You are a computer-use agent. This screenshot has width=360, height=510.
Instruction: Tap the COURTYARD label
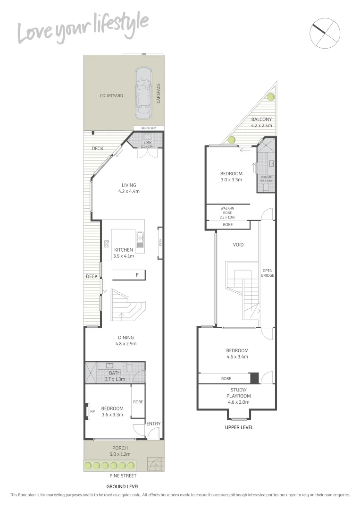pos(111,96)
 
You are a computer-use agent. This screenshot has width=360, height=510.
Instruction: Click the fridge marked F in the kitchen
pos(137,275)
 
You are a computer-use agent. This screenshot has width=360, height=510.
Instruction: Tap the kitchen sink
pos(140,239)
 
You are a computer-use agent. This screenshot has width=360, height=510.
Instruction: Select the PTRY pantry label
pos(160,243)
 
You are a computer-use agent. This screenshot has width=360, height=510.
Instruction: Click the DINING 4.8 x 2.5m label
pos(126,340)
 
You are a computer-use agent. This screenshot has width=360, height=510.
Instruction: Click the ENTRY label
pos(153,424)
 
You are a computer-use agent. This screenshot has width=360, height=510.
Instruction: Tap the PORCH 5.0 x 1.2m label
pos(119,451)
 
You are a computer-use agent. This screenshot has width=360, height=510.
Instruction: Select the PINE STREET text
pos(120,476)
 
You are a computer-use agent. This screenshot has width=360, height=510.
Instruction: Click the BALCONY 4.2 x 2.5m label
pos(261,122)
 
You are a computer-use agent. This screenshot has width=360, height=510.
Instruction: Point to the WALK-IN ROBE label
pos(228,212)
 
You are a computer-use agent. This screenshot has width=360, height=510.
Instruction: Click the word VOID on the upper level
pos(238,245)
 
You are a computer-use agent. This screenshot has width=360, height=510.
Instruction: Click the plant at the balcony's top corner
pos(270,97)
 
